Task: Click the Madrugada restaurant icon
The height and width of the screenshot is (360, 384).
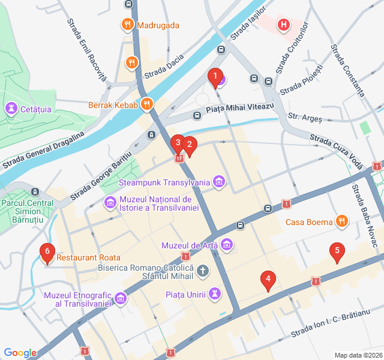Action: [x=127, y=25]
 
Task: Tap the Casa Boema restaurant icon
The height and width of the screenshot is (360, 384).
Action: [x=341, y=221]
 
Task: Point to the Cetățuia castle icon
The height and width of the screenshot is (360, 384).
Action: [x=11, y=109]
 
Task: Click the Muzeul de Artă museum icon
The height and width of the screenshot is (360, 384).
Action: [x=226, y=244]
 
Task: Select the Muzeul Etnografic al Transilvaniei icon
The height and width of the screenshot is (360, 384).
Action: [x=121, y=298]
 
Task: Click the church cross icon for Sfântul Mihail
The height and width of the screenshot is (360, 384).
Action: [x=203, y=271]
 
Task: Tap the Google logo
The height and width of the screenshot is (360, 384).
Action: [x=20, y=353]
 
